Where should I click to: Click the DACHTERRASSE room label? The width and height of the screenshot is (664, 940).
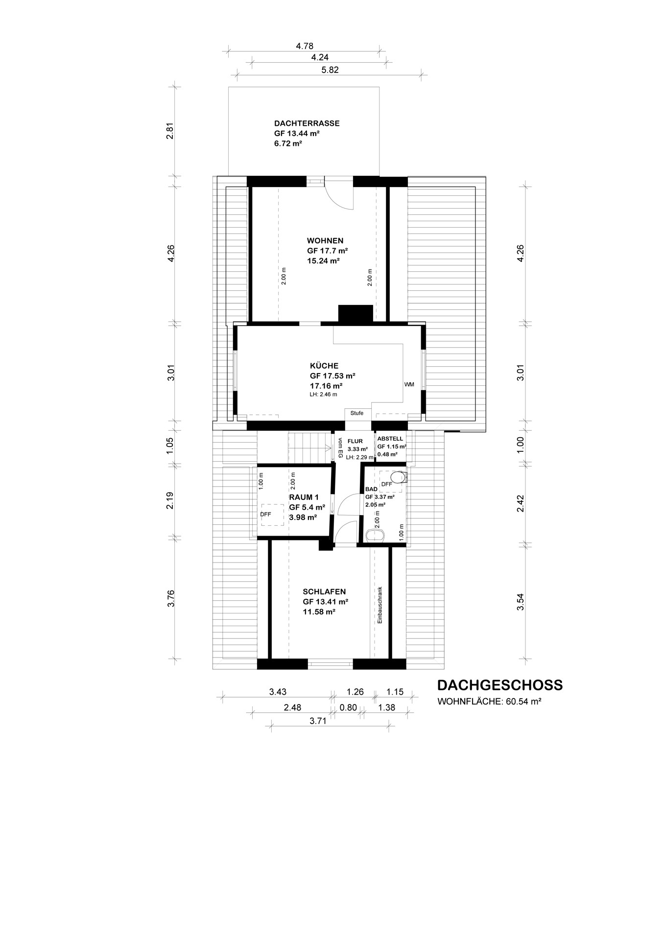307,123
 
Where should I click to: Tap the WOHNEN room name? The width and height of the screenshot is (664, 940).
325,241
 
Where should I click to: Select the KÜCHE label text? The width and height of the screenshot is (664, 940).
324,366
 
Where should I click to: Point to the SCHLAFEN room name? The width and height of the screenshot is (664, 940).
324,592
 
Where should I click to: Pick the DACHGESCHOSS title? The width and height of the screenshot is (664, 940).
500,685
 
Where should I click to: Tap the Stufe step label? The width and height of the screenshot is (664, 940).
357,413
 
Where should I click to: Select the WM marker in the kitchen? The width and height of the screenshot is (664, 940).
409,384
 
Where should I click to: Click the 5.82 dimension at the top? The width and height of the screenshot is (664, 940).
330,70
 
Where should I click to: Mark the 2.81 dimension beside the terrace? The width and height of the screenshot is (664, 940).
170,131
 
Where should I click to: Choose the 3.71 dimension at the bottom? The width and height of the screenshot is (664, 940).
318,720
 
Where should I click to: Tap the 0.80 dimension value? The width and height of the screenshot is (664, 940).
348,707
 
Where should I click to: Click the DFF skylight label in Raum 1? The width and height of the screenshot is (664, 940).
265,515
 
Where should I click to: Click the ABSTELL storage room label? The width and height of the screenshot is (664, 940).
390,439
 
